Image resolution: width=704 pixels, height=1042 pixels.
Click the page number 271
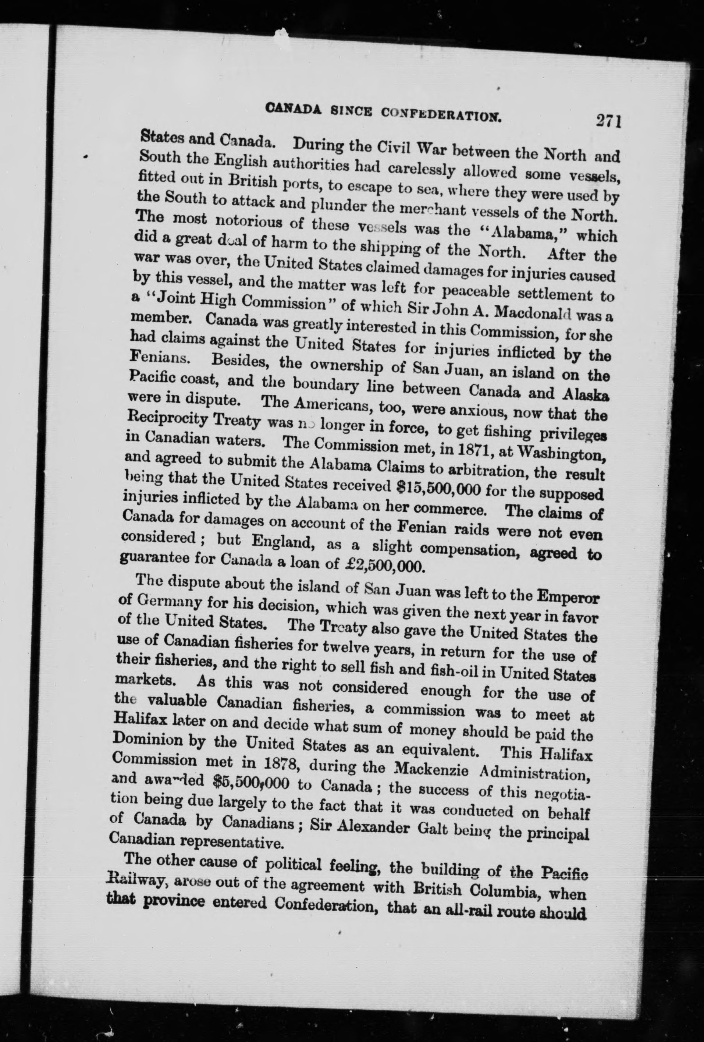click(608, 122)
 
